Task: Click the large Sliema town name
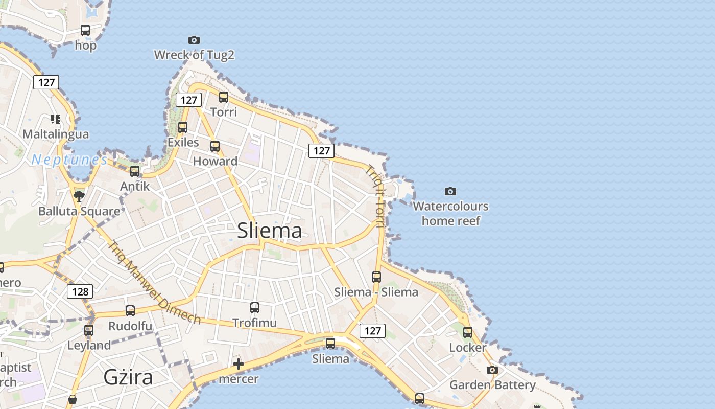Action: pos(270,231)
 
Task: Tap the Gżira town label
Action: pos(128,377)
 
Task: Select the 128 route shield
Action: pos(80,291)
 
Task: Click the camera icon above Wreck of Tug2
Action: pos(194,40)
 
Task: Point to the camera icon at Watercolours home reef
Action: pos(450,191)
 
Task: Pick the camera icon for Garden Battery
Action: pos(492,370)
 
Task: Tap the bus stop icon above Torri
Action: pos(224,97)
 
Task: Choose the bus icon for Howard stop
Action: pos(215,146)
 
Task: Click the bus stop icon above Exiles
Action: pos(183,127)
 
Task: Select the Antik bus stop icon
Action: pos(135,171)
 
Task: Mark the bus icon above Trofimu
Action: pos(255,307)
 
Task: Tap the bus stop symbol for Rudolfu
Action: pos(130,310)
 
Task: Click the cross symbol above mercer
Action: pos(239,364)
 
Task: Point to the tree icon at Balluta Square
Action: pos(79,196)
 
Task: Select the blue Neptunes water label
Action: pos(69,160)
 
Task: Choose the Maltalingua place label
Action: pos(56,134)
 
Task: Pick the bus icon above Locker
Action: pos(468,332)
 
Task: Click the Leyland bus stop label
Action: pos(89,346)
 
